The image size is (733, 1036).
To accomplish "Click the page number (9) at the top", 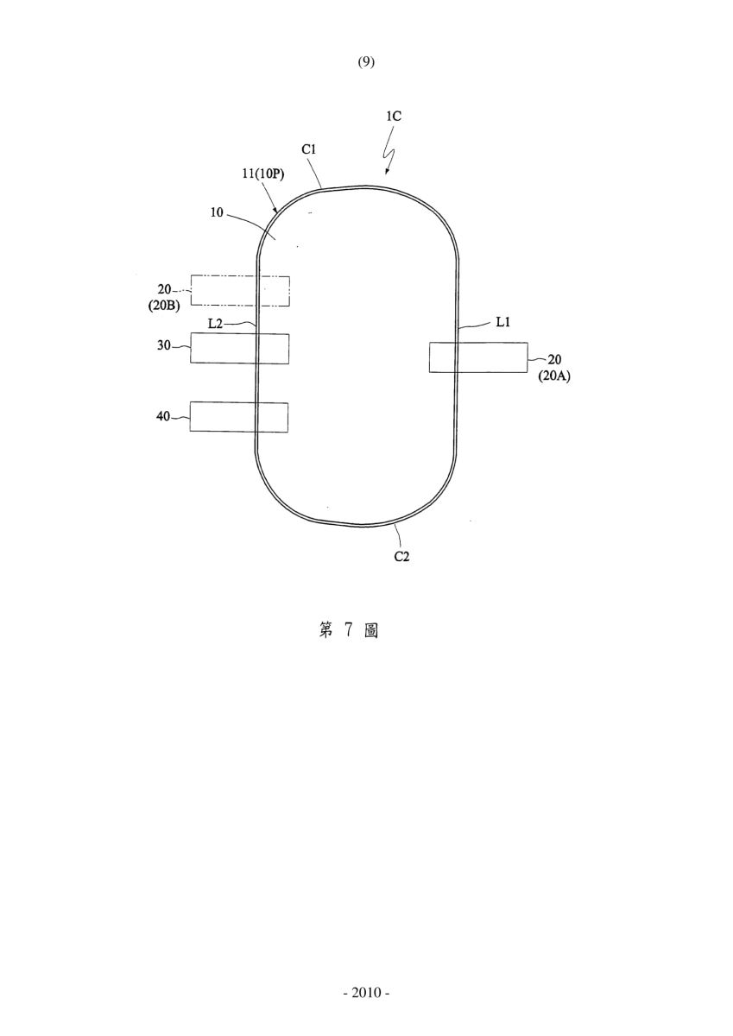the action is (366, 62).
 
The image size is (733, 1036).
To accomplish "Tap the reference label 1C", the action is (394, 116).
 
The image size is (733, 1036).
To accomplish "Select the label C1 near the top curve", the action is (308, 149).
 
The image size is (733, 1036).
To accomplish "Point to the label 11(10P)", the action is (263, 174).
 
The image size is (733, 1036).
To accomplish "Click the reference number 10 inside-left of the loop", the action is (217, 212).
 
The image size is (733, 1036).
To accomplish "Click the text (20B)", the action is (164, 306).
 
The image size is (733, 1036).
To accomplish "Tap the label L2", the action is (215, 324).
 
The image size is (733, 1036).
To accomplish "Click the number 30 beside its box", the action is (164, 345).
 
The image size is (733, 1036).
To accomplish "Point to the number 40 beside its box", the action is (163, 416).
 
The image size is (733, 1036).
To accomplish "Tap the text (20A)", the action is (554, 376).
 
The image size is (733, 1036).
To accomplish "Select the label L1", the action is (503, 322).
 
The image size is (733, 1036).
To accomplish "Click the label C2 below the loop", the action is (401, 556).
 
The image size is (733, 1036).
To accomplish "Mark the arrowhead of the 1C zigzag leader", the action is (387, 174).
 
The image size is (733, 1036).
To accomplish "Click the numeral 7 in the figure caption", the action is (349, 630).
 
